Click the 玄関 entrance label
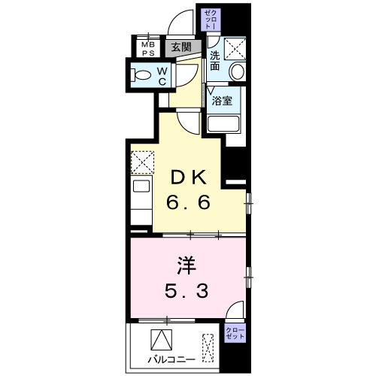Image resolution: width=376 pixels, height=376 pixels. coord(180,47)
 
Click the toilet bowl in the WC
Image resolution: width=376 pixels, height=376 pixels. coord(141,74)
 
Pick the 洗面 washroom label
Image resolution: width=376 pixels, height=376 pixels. coord(215,61)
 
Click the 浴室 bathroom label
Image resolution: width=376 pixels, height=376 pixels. coord(223,100)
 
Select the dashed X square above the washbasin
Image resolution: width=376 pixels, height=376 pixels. coord(235,49)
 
